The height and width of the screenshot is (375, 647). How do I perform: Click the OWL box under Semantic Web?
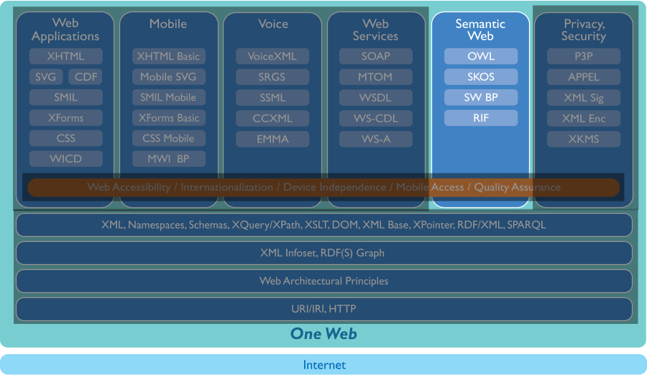[x=481, y=56]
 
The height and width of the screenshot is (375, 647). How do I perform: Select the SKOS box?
[x=481, y=77]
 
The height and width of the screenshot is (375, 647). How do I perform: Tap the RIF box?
[x=481, y=118]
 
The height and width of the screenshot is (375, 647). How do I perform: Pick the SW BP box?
[x=481, y=97]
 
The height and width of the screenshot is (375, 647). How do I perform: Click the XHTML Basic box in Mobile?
[x=169, y=56]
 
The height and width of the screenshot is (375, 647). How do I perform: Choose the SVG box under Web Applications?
[x=45, y=77]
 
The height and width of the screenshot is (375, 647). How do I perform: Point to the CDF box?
[x=86, y=77]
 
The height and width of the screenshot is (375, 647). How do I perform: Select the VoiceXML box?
[x=272, y=56]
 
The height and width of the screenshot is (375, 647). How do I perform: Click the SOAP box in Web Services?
[x=376, y=56]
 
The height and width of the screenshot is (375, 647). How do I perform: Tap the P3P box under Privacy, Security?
[x=583, y=56]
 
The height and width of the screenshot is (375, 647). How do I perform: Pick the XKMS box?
[x=583, y=139]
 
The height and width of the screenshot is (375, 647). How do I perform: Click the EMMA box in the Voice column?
[x=272, y=139]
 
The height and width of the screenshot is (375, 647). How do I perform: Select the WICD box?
[x=65, y=158]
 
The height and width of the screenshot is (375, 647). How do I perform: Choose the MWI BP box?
[x=169, y=158]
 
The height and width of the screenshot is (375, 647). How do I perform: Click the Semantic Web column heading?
[x=480, y=30]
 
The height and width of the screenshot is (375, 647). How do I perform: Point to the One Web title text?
[x=323, y=333]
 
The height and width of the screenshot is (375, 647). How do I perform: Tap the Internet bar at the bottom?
[x=323, y=365]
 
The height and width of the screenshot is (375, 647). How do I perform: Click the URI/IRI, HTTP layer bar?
[x=323, y=309]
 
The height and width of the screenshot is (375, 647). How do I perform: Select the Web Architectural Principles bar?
[x=323, y=281]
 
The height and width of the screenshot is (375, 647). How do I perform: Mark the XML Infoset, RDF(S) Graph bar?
[x=323, y=253]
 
